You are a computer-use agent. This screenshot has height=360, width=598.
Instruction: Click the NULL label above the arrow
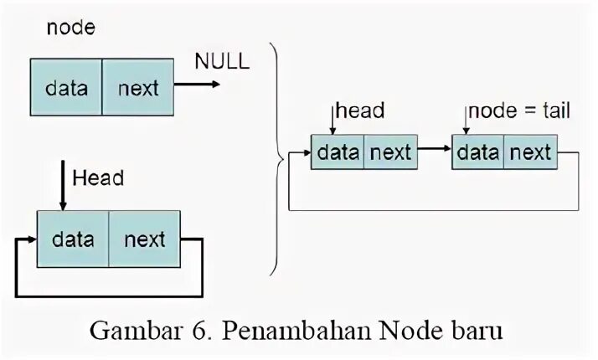coord(222,61)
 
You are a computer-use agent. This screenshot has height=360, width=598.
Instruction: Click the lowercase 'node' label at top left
coord(70,27)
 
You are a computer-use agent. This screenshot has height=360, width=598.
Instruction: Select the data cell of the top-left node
coord(67,87)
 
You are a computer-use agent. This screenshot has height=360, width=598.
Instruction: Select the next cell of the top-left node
coord(137,87)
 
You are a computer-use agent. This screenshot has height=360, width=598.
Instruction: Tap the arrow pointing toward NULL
coord(198,84)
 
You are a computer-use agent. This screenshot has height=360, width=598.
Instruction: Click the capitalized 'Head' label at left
coord(98,177)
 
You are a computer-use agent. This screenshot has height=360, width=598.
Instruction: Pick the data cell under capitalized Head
coord(73,239)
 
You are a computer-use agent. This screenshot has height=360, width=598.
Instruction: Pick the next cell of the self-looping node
coord(144,239)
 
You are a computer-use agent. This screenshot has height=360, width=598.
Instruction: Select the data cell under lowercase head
coord(338,152)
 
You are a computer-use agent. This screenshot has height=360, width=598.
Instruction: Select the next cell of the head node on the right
coord(390,152)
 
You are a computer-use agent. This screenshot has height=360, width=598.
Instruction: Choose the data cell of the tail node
coord(477,152)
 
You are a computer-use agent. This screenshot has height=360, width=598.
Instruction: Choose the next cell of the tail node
coord(530,152)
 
